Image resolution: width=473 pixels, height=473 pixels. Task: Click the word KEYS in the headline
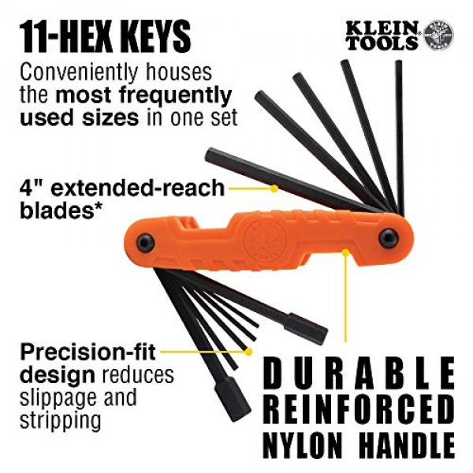point(148,36)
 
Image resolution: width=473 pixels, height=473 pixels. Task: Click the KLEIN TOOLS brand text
point(382,35)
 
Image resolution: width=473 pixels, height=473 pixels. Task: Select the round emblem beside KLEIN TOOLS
point(438,35)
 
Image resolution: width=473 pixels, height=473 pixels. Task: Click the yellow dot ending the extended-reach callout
point(274,188)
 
